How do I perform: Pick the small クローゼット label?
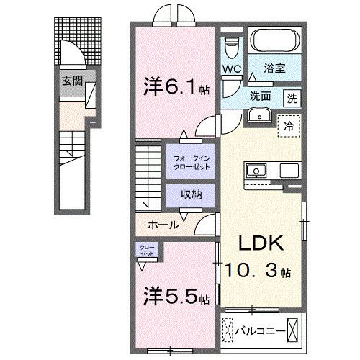(147, 251)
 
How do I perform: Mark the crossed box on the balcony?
(294, 332)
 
